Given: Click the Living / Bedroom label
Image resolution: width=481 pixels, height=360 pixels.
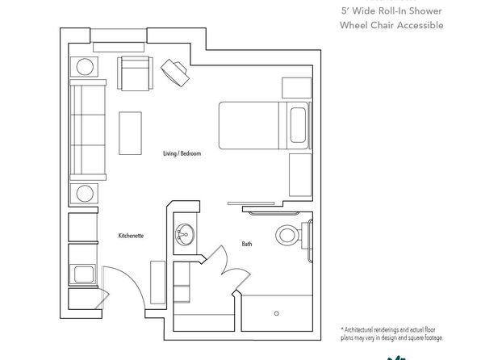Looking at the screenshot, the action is [x=182, y=153].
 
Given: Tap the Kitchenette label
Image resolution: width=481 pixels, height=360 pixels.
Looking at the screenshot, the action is [x=131, y=236].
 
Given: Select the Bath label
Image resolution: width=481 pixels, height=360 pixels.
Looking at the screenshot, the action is [x=247, y=244].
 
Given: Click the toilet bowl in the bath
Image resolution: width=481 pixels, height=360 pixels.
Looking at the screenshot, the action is [x=287, y=236].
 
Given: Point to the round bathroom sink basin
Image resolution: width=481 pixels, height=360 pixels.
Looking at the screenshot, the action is [x=185, y=235].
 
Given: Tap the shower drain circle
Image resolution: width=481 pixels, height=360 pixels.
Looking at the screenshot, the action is [x=276, y=313].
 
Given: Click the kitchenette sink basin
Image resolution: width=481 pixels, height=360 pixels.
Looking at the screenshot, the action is [x=84, y=274].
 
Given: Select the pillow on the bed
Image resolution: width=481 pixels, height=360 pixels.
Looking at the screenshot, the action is [x=298, y=125].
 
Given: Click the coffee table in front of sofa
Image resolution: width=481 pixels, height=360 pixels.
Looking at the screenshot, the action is [x=131, y=133].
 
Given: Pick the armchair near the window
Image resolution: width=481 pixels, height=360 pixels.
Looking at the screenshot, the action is [x=135, y=73].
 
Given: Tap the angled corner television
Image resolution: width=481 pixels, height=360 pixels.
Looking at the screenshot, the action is [x=175, y=73].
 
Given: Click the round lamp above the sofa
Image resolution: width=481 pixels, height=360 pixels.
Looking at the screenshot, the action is [x=85, y=67].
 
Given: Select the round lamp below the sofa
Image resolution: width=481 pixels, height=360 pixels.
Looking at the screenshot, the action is [x=85, y=194].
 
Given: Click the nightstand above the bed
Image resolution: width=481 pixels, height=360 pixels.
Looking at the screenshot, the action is [x=297, y=88].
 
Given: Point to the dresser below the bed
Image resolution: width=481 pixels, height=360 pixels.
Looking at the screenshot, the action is [x=300, y=175].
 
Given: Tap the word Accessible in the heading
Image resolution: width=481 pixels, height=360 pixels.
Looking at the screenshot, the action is [x=417, y=25].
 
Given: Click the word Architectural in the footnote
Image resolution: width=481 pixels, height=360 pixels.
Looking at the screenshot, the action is [x=361, y=330].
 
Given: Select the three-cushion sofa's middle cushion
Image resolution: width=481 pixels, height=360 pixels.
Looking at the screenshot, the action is [x=88, y=130].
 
